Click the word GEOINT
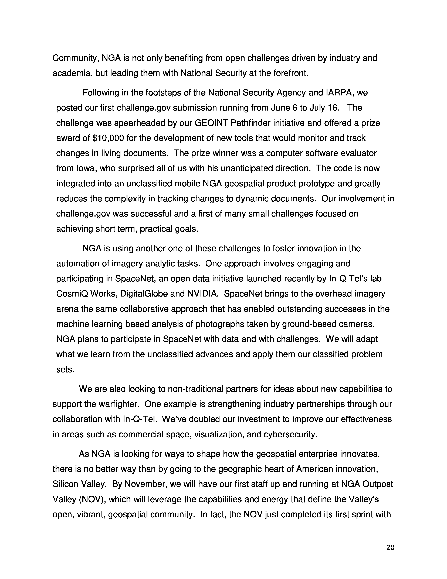tap(211, 123)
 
